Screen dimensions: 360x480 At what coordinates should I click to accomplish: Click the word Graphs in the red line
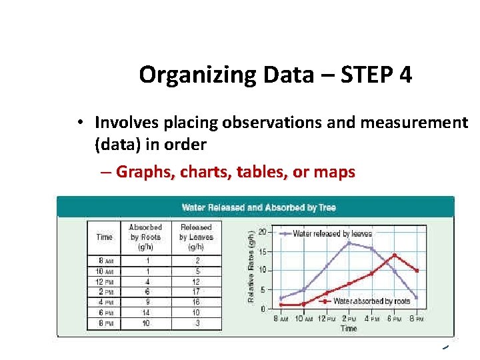(x=142, y=172)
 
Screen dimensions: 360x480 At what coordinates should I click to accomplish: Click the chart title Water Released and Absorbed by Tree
(x=259, y=207)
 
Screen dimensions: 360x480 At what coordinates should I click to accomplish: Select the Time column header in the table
(x=105, y=237)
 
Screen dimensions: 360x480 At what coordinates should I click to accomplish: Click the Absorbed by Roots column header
(x=145, y=237)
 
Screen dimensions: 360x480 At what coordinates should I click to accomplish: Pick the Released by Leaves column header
(x=196, y=237)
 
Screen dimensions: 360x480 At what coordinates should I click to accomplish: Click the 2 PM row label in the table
(x=105, y=291)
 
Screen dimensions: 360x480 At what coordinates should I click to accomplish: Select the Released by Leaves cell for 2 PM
(x=196, y=291)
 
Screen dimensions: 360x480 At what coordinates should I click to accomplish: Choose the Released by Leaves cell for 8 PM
(x=196, y=323)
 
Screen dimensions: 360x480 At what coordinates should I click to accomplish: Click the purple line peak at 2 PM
(x=349, y=243)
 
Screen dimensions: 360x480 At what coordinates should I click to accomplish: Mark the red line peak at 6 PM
(x=395, y=255)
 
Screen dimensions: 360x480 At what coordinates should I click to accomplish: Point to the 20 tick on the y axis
(x=263, y=232)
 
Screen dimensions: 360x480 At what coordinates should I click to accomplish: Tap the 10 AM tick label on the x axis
(x=303, y=319)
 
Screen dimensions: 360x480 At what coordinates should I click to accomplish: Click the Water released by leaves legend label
(x=332, y=234)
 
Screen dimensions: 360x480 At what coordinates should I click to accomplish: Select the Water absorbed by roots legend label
(x=371, y=301)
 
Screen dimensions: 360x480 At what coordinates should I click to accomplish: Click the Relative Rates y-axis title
(x=251, y=267)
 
